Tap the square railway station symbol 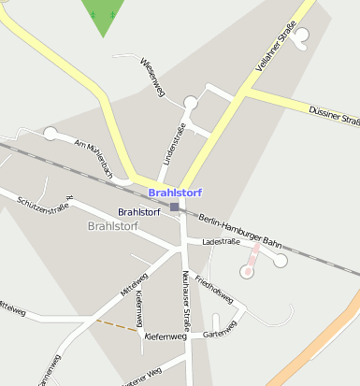[x=175, y=207]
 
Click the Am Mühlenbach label [x=94, y=160]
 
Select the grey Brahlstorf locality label [x=112, y=226]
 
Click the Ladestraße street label [x=221, y=241]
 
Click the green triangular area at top [x=103, y=14]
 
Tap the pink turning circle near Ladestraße [x=247, y=272]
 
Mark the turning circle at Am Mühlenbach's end [x=50, y=134]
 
